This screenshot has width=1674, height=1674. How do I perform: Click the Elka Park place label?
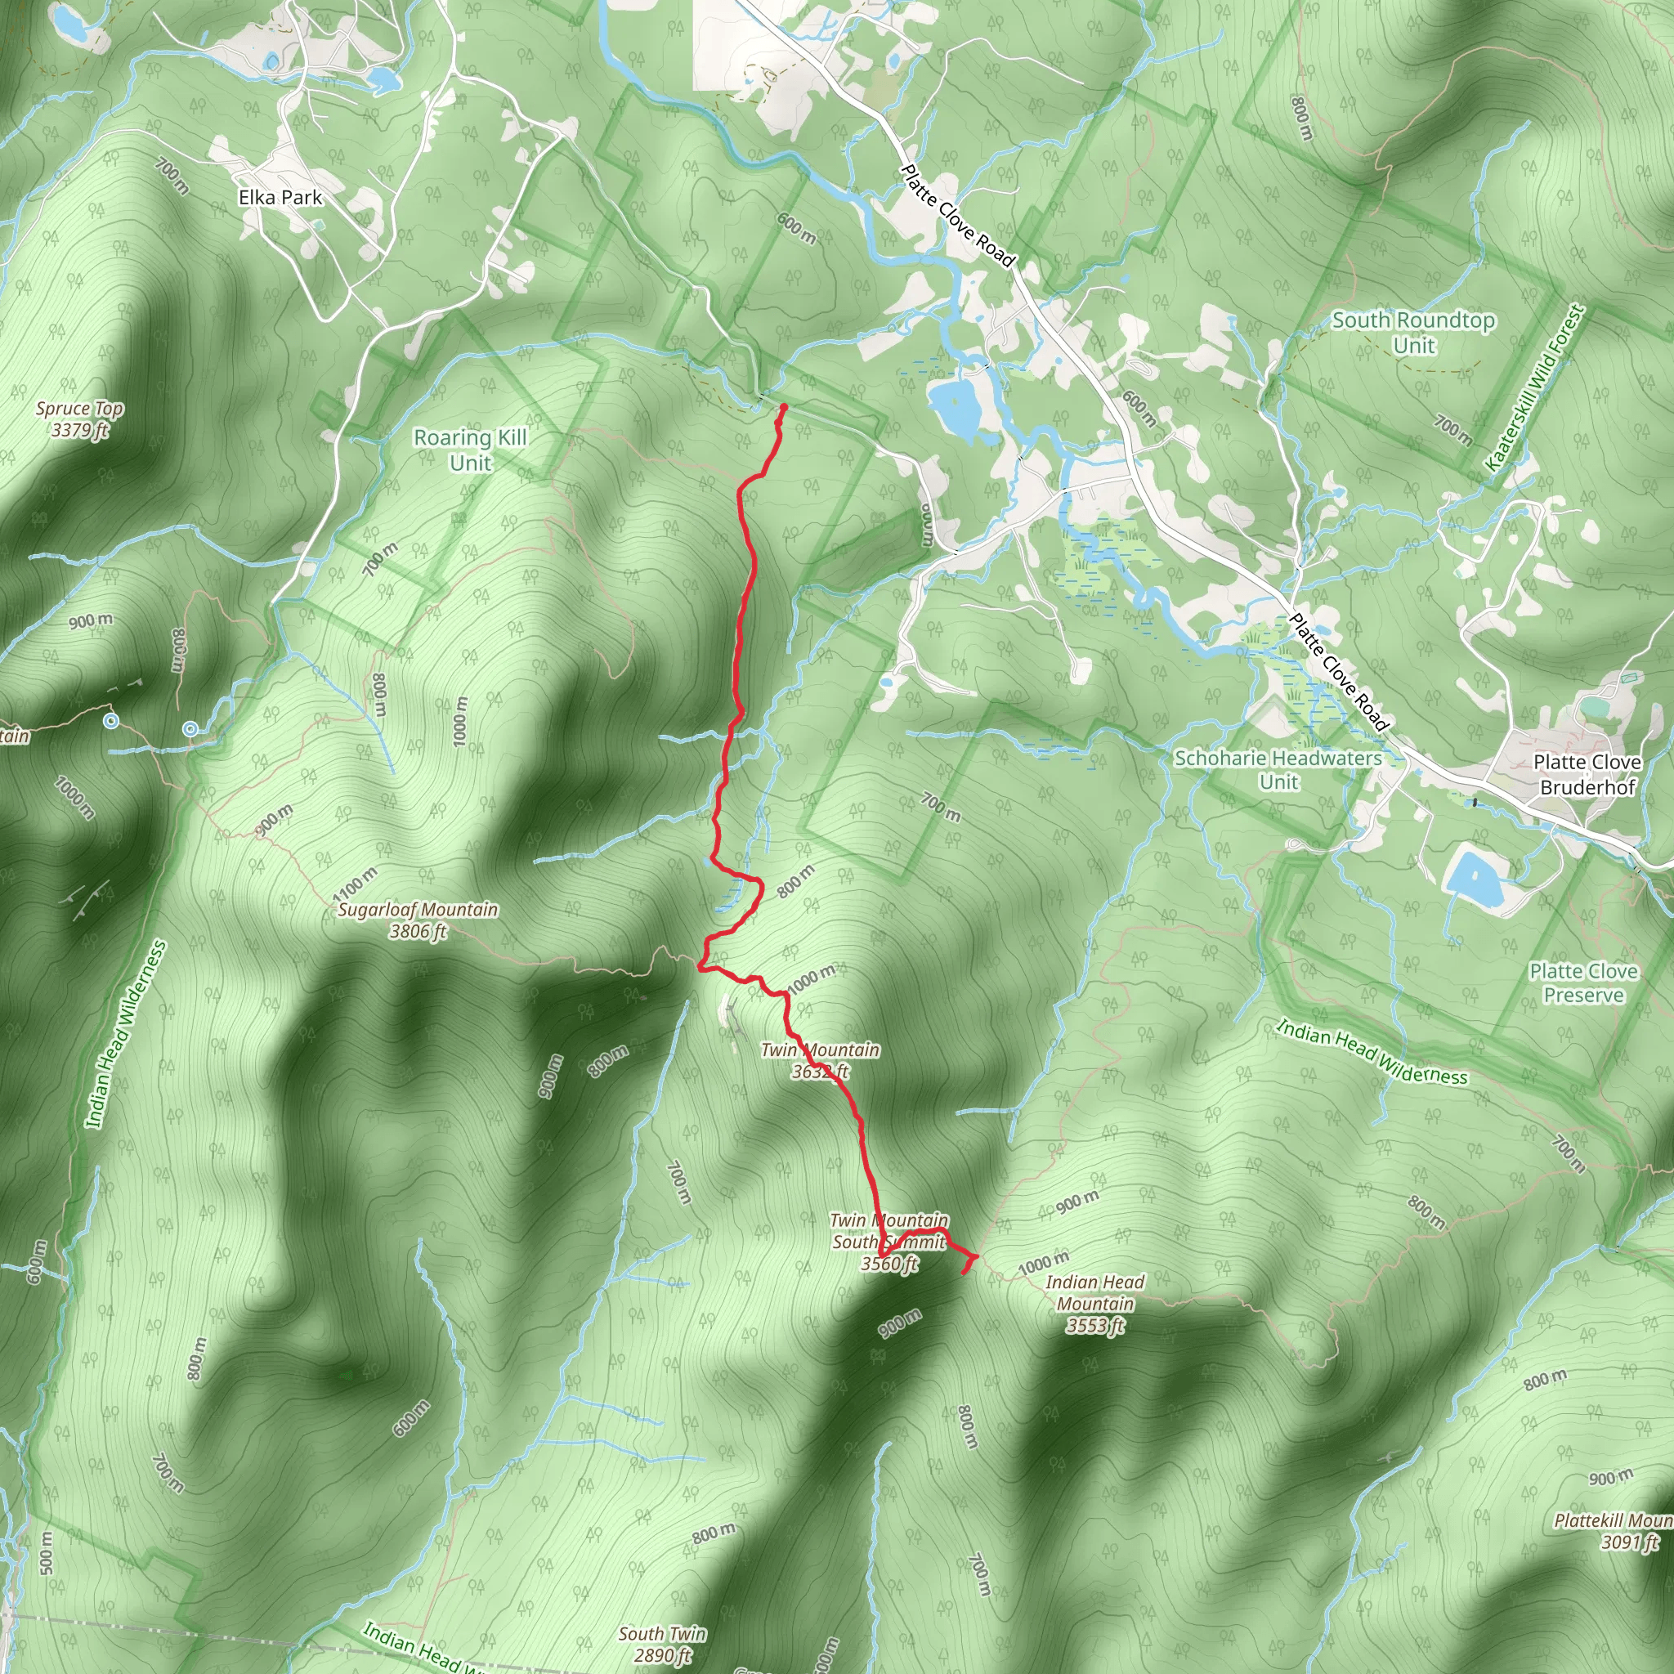(x=280, y=198)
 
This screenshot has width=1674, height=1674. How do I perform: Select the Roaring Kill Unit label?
(x=470, y=450)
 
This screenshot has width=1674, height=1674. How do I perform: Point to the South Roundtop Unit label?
(x=1413, y=333)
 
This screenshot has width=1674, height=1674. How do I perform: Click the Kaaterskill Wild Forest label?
(x=1533, y=388)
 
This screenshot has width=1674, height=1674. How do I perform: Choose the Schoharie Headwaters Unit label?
(x=1278, y=769)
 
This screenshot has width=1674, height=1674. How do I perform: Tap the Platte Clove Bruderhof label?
(x=1587, y=775)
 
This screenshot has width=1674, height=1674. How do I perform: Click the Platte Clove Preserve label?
(x=1583, y=982)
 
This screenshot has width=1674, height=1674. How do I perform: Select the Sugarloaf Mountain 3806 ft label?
(x=418, y=920)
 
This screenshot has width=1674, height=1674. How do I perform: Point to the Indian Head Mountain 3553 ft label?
(x=1095, y=1304)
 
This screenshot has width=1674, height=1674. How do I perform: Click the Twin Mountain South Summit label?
(x=889, y=1242)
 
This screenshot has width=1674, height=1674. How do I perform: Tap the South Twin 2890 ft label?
(x=662, y=1645)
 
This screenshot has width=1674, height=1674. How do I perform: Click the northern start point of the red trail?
(x=783, y=406)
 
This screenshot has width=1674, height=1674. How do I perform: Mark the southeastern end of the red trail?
(x=965, y=1272)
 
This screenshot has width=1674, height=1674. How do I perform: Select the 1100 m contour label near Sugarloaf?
(x=356, y=883)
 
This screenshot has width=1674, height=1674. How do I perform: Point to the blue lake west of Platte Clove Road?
(x=955, y=407)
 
